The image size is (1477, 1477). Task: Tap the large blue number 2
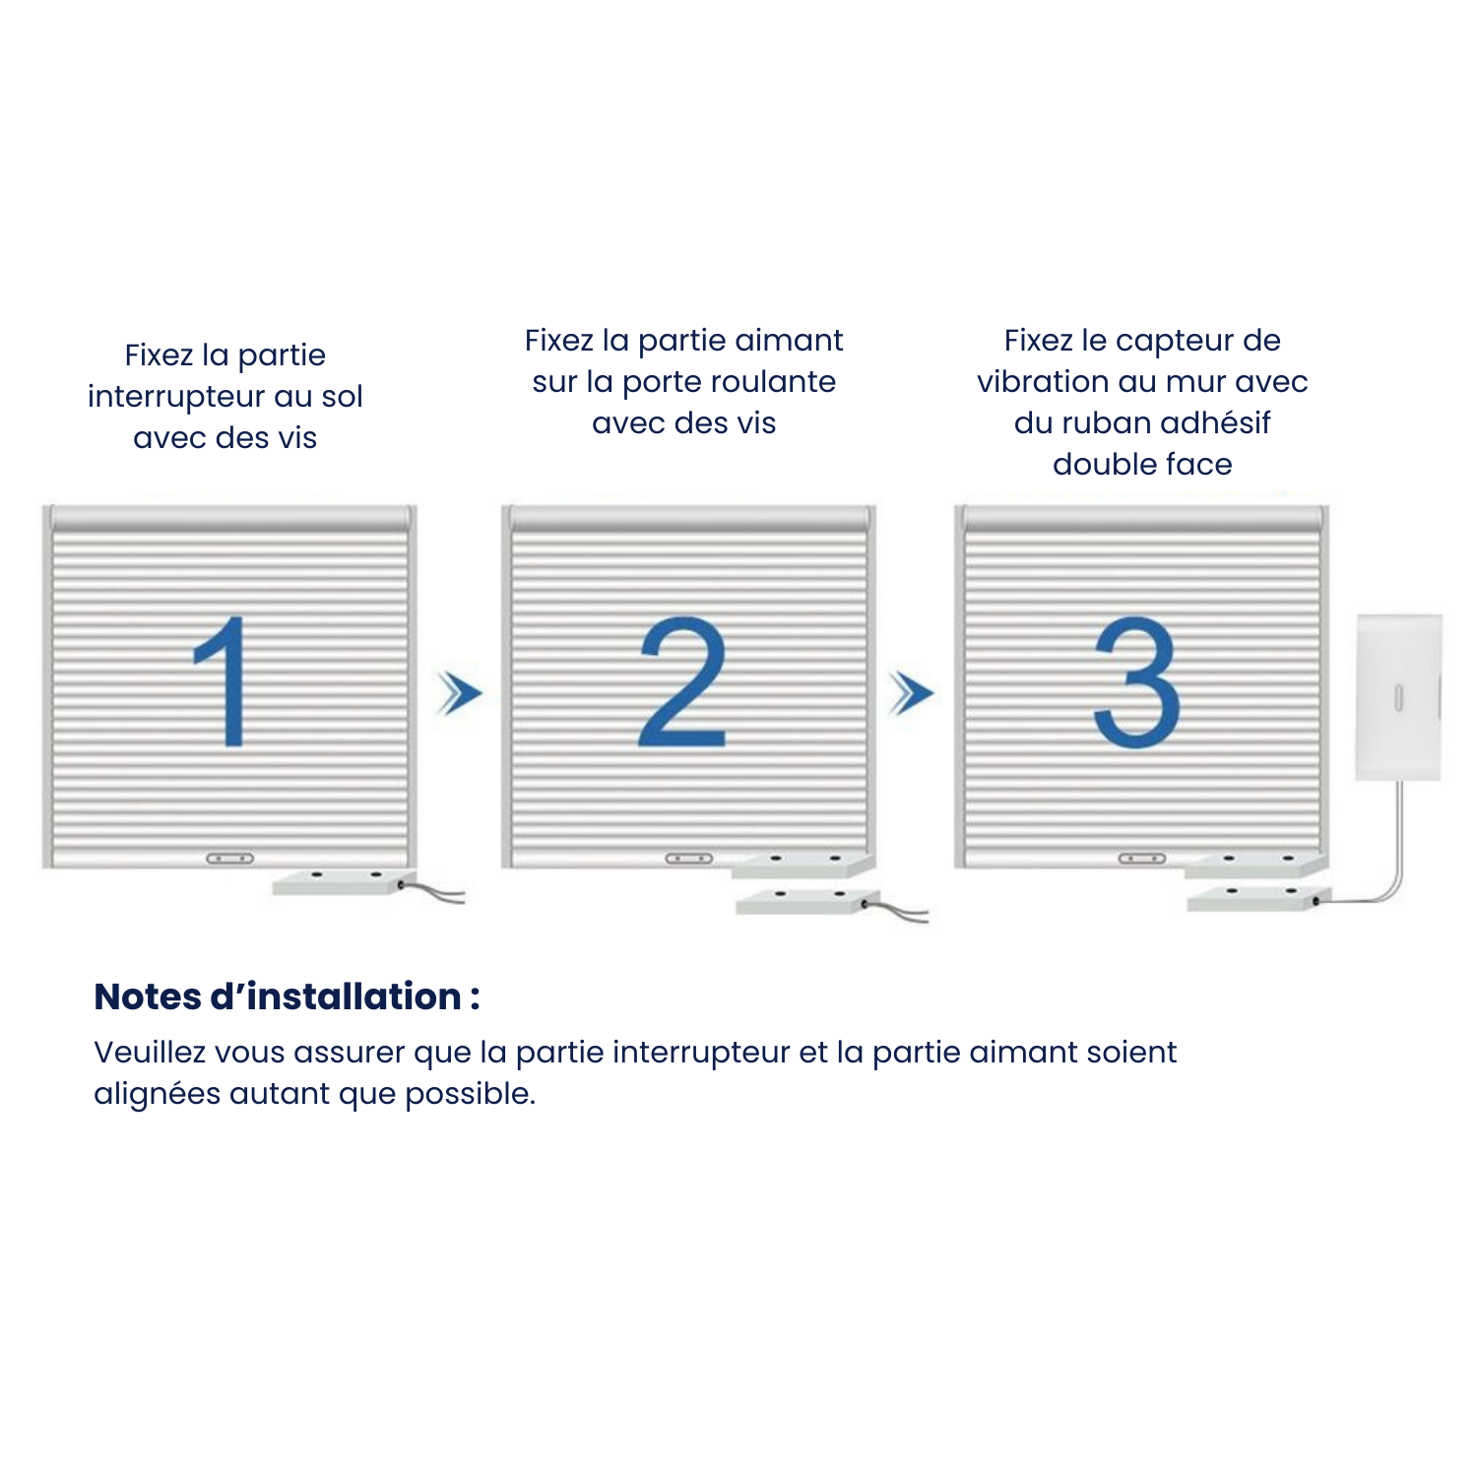[682, 681]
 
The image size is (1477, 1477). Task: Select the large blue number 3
[1137, 681]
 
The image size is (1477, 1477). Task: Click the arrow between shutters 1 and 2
[460, 693]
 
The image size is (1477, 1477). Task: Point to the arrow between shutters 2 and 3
[911, 693]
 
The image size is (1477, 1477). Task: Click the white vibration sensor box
[1398, 697]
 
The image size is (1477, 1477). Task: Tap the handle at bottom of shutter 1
[229, 859]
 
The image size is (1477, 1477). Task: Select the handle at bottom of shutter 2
[688, 859]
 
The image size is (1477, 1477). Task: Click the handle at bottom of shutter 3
[1142, 859]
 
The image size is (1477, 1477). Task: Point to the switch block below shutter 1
[340, 880]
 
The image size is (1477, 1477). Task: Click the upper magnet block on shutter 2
[803, 865]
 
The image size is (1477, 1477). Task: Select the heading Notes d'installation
[287, 996]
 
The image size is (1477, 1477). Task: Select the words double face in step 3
[1142, 464]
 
